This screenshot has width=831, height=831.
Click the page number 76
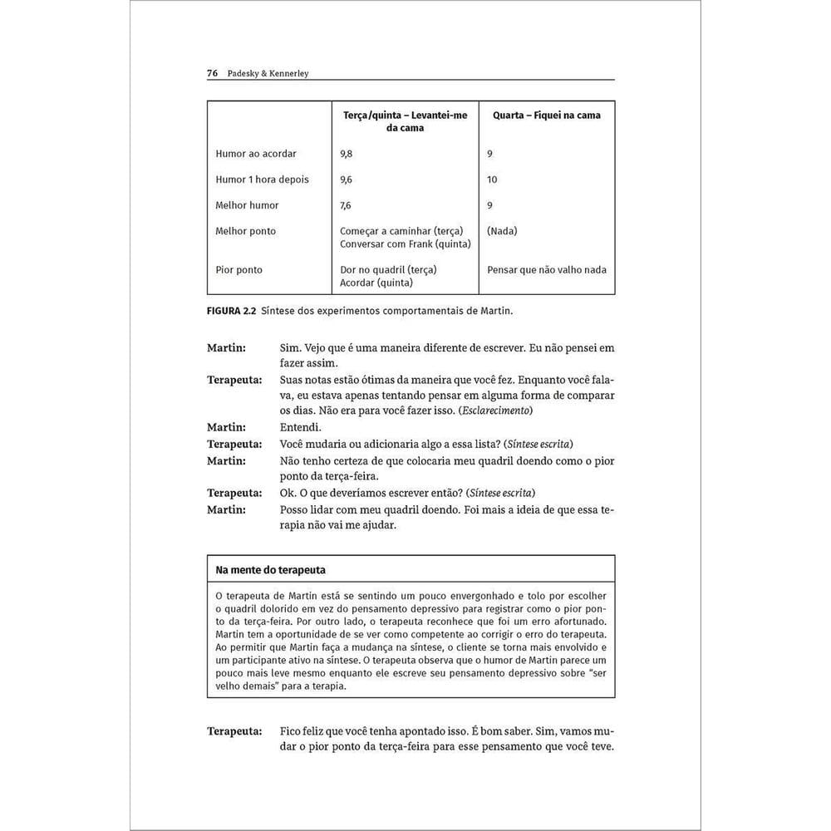click(212, 73)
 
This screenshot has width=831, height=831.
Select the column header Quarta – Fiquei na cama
click(546, 116)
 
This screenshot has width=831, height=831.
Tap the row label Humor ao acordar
click(256, 154)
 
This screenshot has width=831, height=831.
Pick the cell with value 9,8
click(347, 154)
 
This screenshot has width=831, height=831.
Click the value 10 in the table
click(492, 179)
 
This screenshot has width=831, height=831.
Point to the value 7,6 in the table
click(346, 205)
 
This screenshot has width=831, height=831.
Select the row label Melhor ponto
click(245, 231)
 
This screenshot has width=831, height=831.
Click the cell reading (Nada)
click(502, 231)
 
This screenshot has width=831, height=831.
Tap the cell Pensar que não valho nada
click(546, 270)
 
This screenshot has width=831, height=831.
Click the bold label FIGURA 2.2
click(231, 311)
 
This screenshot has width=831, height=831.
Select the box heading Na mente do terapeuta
click(270, 570)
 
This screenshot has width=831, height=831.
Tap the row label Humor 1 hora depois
click(262, 179)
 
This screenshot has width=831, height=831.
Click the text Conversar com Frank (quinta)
click(405, 243)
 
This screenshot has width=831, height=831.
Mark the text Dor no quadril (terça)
click(388, 270)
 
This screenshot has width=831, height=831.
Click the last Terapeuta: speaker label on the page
click(234, 731)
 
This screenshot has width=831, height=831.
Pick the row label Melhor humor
click(247, 205)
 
